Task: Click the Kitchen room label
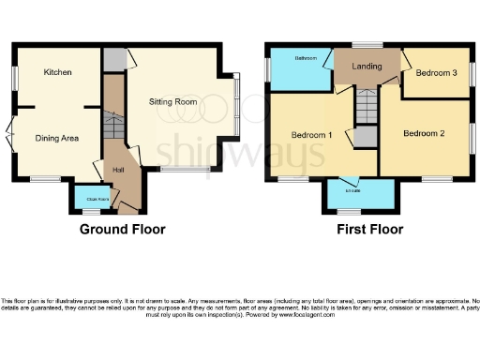pos(57,71)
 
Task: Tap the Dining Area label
pos(57,138)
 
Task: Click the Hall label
pos(119,169)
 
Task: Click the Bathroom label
pos(307,58)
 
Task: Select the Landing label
pos(366,67)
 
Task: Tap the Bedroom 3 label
pos(436,72)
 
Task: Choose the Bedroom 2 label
pos(424,133)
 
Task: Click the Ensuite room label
pos(353,193)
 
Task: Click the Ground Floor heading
pos(122,229)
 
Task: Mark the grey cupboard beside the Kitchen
pos(112,59)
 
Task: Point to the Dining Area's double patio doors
pos(10,138)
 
